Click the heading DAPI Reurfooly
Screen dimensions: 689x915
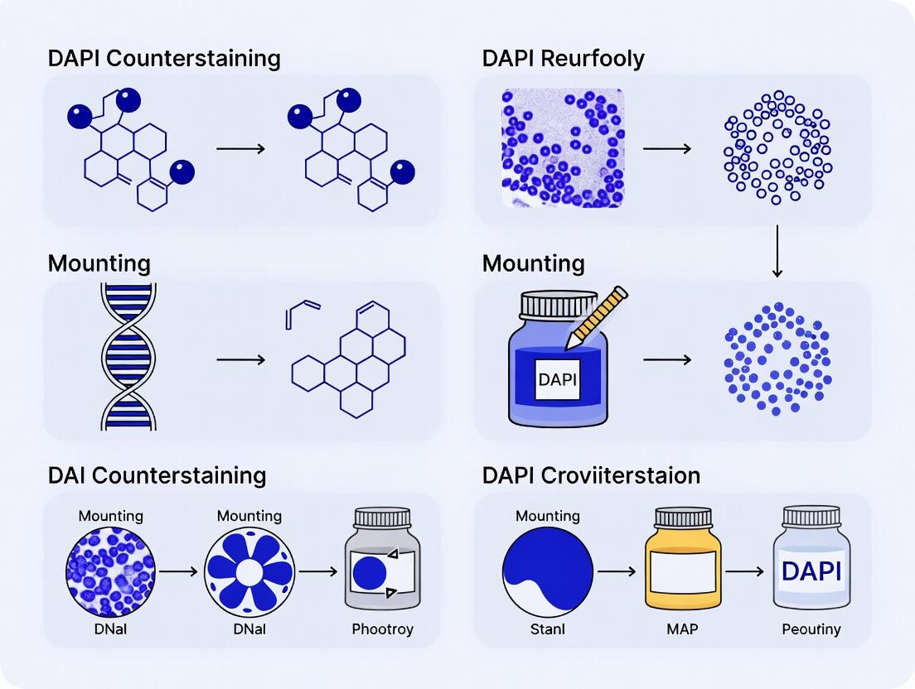[x=563, y=59]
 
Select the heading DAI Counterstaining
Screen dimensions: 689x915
[x=157, y=475]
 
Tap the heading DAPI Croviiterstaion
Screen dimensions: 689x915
[x=591, y=475]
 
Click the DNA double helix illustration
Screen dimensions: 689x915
[x=128, y=357]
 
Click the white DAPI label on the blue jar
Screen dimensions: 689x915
[x=557, y=380]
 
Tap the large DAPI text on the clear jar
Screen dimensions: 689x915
[x=811, y=571]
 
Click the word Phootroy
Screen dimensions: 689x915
[x=382, y=629]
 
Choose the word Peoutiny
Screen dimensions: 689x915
[x=811, y=629]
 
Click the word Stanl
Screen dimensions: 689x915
[x=547, y=629]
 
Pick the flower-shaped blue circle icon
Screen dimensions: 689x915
[x=249, y=571]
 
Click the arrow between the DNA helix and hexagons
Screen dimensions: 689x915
[x=240, y=360]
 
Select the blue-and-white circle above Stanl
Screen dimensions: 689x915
[x=547, y=571]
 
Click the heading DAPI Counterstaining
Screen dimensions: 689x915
[x=164, y=59]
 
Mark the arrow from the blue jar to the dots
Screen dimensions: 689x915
[x=666, y=360]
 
